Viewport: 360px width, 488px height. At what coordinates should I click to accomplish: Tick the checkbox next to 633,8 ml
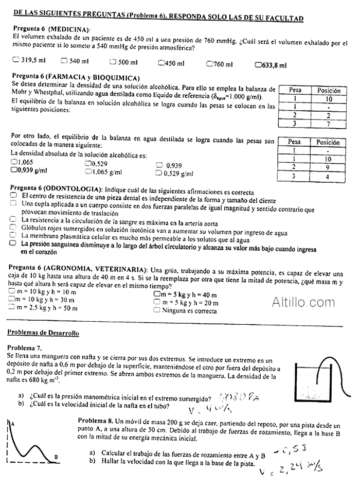(258, 65)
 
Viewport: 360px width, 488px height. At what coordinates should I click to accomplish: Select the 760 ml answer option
(210, 63)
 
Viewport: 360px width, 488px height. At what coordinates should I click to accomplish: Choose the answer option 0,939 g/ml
(14, 170)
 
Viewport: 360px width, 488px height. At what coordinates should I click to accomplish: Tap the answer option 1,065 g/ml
(88, 171)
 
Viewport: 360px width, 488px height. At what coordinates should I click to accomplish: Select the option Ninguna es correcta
(157, 310)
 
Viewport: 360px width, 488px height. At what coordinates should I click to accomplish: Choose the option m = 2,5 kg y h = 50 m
(13, 307)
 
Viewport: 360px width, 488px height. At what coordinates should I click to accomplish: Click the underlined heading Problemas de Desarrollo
(43, 334)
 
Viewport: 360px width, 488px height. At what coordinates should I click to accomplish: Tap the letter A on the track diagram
(11, 423)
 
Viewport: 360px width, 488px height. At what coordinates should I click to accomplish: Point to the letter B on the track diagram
(56, 457)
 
